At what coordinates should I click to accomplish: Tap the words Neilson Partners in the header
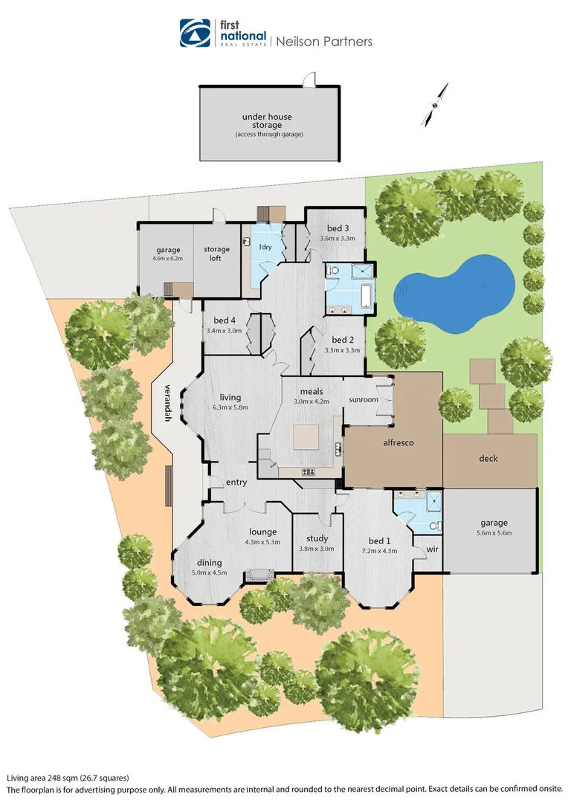pos(323,42)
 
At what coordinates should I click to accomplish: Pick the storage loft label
pos(217,254)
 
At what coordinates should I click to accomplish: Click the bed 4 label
pos(222,320)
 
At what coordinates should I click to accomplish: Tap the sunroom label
pos(364,400)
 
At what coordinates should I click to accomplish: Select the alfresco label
pos(398,443)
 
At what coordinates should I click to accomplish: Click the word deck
pos(488,459)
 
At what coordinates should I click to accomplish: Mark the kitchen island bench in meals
pos(306,437)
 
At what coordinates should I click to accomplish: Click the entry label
pos(236,483)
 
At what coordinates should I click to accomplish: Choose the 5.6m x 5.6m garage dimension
pos(494,532)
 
